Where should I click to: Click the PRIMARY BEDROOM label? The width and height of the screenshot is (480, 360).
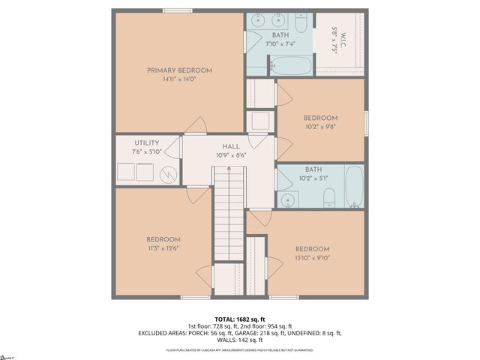point(179,70)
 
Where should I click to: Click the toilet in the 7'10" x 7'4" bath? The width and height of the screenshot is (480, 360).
point(300,24)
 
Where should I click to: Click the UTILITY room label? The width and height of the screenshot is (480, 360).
point(146,142)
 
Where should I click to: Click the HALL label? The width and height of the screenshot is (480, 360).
point(229,147)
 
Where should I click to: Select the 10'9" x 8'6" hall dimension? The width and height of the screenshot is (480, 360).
point(229,156)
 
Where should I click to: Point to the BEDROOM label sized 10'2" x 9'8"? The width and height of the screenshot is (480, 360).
point(320,118)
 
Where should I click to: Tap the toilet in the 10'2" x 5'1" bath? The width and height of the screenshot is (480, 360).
point(328,199)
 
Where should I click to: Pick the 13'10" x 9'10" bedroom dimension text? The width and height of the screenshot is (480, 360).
point(311,258)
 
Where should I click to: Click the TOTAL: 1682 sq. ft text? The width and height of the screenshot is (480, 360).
point(239,319)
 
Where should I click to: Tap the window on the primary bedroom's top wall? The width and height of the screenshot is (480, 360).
point(177,10)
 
